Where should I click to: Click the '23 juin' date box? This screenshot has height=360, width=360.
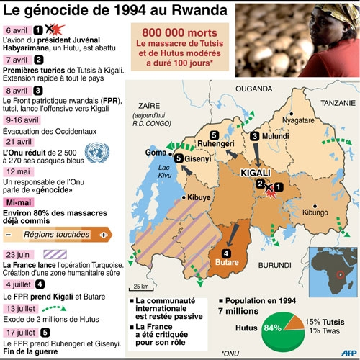click(19, 255)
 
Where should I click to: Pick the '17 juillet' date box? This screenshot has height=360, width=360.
click(23, 332)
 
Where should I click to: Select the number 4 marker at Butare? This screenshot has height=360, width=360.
click(226, 253)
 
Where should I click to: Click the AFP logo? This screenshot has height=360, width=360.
click(347, 353)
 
